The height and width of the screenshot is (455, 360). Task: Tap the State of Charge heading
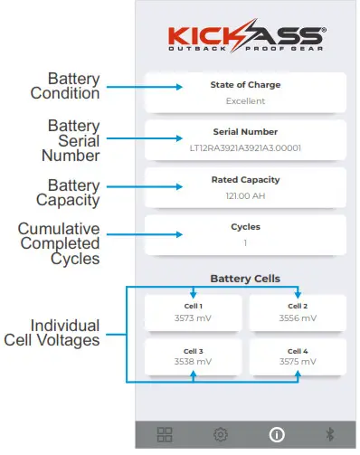pos(245,85)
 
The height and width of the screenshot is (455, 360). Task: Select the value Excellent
pos(245,101)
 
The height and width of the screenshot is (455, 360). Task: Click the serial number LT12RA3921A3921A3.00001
pos(245,147)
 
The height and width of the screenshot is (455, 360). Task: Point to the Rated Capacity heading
pos(245,180)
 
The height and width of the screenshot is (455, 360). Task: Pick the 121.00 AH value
pos(245,195)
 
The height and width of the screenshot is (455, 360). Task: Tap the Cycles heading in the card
pos(245,226)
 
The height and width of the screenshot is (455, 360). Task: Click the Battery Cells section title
pos(245,279)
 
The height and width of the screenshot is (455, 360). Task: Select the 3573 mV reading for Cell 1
pos(193,318)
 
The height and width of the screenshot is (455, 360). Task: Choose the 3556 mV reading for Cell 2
pos(298,318)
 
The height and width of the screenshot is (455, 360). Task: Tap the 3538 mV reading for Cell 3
pos(193,362)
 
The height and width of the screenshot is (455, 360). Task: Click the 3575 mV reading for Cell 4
pos(298,362)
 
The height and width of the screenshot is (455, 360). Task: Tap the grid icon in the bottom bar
pos(166,434)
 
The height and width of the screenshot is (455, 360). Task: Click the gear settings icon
pos(220,434)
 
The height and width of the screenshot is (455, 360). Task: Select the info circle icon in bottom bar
pos(278,434)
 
